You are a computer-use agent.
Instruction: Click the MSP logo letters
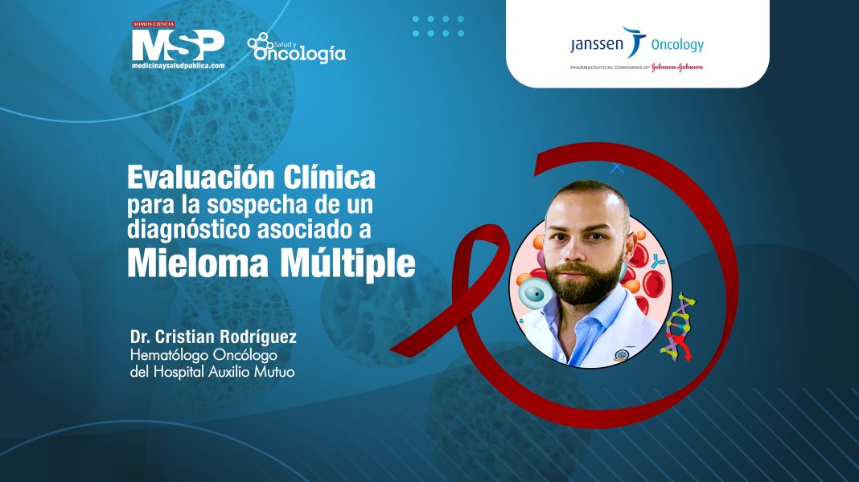point(178,44)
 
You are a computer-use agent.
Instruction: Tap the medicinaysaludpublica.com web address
point(178,66)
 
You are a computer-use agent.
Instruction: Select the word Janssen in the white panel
point(596,45)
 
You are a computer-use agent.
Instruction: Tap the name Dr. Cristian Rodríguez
point(213,334)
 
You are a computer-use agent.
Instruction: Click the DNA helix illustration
point(677,326)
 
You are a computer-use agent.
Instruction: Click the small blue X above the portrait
point(617,168)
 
